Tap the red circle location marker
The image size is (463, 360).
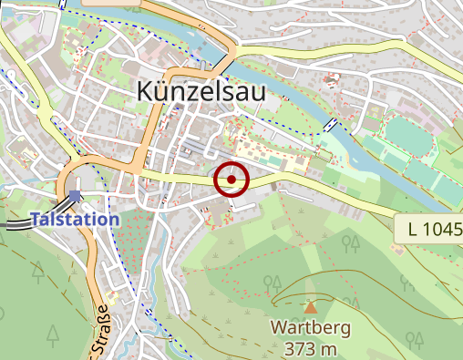[231, 180]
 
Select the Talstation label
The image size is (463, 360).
[75, 220]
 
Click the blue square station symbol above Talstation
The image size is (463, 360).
[74, 195]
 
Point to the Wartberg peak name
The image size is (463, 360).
[311, 327]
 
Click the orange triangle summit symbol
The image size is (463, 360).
[311, 308]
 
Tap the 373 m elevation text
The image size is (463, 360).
[311, 349]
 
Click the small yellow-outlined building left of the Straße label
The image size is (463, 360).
[112, 298]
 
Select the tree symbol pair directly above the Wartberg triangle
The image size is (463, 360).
[272, 283]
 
